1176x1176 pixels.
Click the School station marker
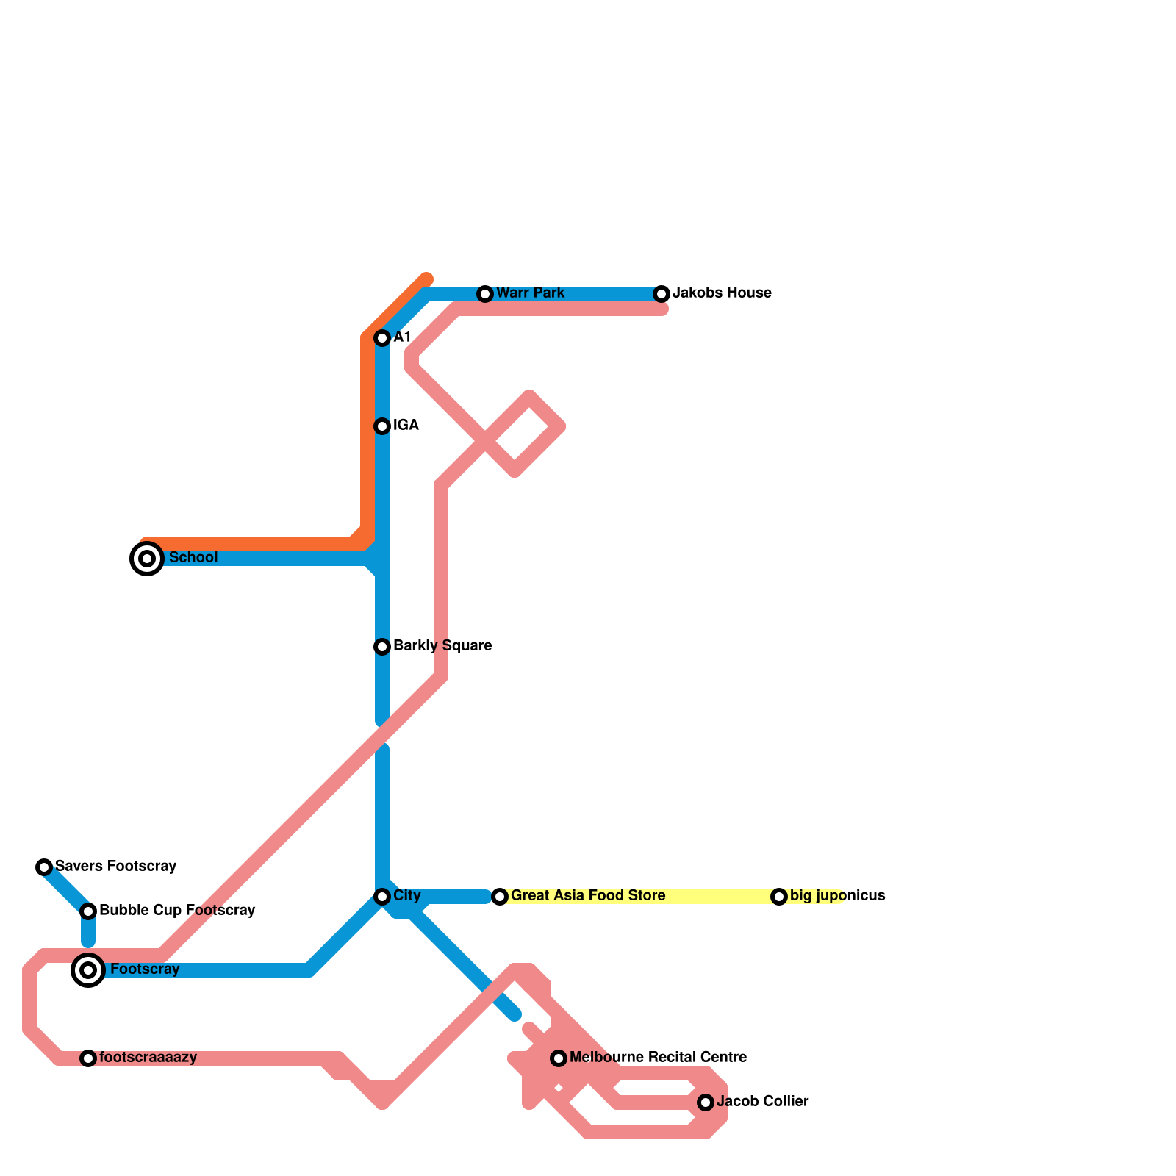coord(147,559)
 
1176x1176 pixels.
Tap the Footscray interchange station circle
coord(88,970)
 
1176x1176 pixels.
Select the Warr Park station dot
coord(485,294)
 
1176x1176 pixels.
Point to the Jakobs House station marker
coord(661,294)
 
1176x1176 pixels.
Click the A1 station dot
coord(382,338)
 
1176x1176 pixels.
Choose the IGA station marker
coord(382,426)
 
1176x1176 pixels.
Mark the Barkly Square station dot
coord(382,647)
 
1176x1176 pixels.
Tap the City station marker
coord(382,897)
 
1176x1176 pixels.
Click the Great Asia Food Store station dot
coord(500,897)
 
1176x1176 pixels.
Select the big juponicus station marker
coord(779,897)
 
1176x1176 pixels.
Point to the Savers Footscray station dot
coord(44,867)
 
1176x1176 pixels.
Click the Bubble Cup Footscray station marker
coord(88,911)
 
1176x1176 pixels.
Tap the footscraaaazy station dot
coord(88,1058)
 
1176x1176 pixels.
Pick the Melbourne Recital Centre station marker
coord(559,1058)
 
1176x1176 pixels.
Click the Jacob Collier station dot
coord(706,1102)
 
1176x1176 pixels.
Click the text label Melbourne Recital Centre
coord(658,1058)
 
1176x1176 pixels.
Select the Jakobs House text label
coord(722,293)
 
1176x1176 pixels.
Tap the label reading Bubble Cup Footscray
coord(177,911)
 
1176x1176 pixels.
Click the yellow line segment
coord(720,897)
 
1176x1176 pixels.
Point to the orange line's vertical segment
coord(367,441)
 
